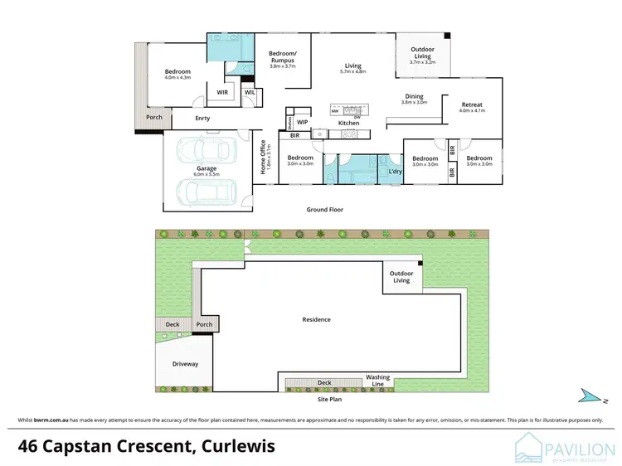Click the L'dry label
[x=384, y=172]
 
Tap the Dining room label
[x=414, y=98]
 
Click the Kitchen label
[x=348, y=123]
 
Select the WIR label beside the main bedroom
[x=222, y=92]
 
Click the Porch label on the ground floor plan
[x=154, y=117]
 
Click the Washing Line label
[x=378, y=381]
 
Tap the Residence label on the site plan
[x=317, y=319]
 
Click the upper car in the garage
[x=199, y=152]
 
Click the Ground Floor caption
[x=324, y=210]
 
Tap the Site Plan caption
[x=329, y=400]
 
